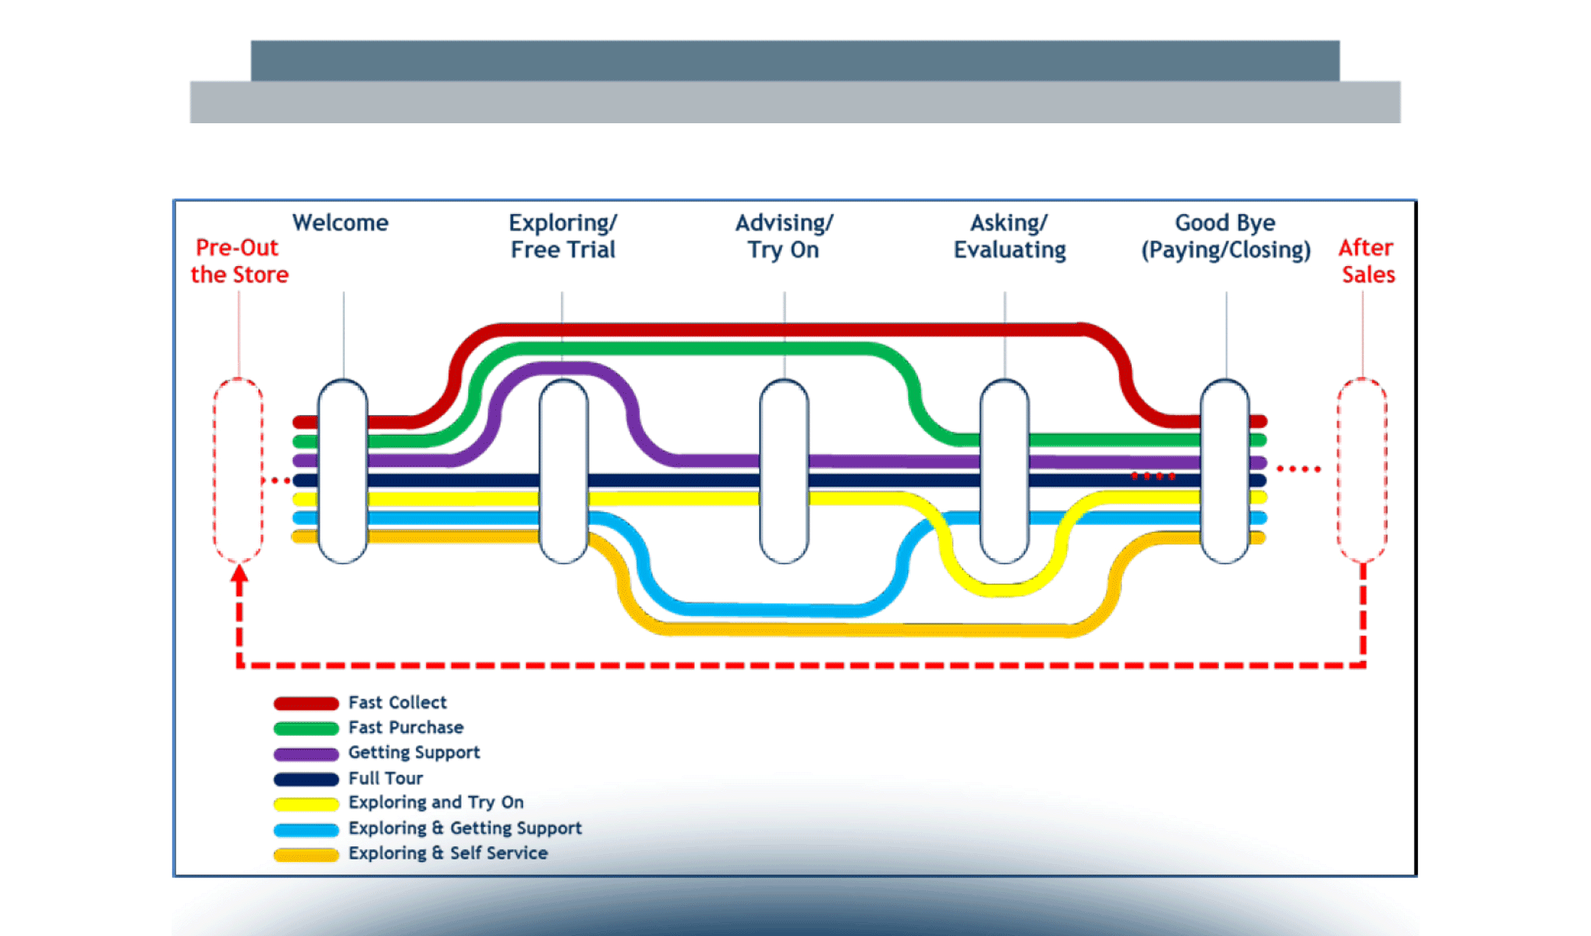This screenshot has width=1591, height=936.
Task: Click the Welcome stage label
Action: [340, 223]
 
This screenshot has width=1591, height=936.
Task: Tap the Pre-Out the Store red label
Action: [239, 261]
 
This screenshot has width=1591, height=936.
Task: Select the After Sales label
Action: [1367, 261]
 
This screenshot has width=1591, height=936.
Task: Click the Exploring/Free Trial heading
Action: [562, 236]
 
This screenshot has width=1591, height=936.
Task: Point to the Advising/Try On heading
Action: [784, 236]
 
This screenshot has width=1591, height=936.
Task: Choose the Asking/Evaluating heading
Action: [1009, 236]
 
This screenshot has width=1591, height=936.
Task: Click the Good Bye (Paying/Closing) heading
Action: [1225, 236]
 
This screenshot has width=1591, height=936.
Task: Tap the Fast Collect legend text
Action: [397, 703]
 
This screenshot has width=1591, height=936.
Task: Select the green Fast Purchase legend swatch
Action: [306, 729]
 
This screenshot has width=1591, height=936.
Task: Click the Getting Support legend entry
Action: [413, 753]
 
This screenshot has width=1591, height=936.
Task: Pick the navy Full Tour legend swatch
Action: [306, 778]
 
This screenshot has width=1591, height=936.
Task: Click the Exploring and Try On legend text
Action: [435, 803]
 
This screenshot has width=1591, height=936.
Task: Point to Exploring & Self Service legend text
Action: [448, 853]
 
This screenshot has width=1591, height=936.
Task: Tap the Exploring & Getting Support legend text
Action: [465, 828]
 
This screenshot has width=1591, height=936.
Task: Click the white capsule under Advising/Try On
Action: [784, 470]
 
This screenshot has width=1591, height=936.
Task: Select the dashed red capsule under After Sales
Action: [1362, 470]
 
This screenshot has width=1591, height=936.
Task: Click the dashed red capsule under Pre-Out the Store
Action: [238, 470]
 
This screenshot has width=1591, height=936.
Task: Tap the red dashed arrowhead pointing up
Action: [239, 575]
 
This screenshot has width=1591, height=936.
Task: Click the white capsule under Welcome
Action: [343, 470]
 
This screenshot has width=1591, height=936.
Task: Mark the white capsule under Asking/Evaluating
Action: [1005, 470]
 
